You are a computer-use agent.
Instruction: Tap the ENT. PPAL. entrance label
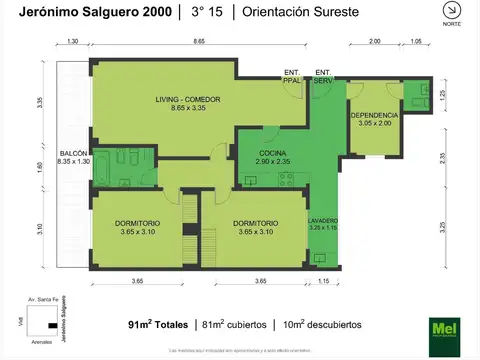point(292,75)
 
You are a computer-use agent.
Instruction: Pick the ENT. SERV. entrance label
point(323,75)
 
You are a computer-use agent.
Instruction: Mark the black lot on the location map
point(50,325)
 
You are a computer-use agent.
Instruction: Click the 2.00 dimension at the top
point(374,42)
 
